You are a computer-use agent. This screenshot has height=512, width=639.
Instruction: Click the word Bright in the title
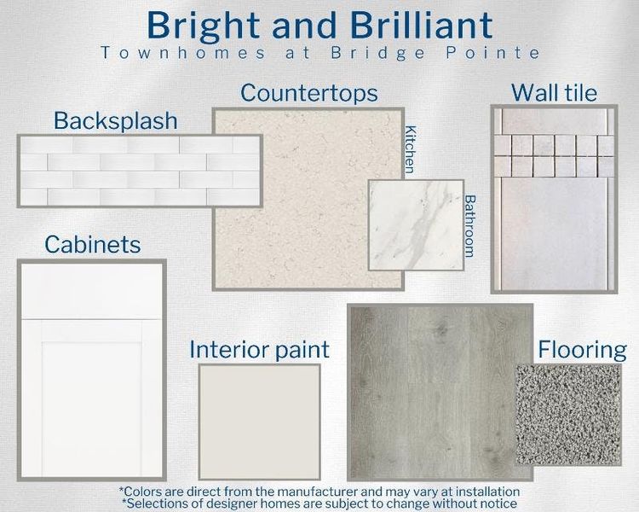(201, 26)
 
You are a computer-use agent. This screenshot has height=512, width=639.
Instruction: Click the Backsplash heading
(116, 120)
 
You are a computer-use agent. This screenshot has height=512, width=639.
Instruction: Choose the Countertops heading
(309, 92)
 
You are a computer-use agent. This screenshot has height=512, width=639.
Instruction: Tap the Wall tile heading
(554, 92)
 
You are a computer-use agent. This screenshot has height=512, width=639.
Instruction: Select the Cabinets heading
(92, 245)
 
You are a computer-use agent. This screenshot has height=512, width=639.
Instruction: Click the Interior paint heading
(259, 349)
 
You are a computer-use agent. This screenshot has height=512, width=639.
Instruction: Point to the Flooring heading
(582, 350)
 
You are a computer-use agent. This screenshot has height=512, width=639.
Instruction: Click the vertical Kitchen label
(412, 149)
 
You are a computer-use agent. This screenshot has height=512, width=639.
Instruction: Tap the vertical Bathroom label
(469, 226)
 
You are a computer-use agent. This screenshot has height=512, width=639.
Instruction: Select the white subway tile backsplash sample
(140, 171)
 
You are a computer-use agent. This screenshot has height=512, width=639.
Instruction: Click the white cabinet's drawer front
(91, 291)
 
